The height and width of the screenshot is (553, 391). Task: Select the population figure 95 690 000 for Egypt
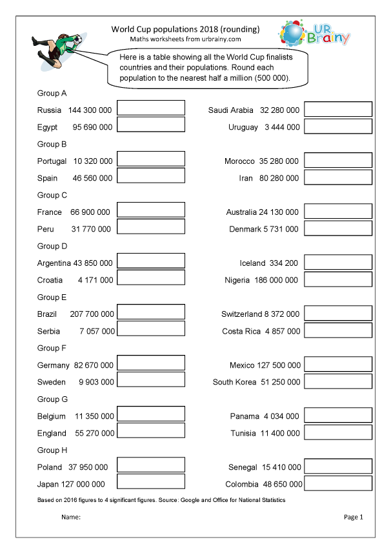(92, 127)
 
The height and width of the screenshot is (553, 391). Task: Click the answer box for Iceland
(338, 262)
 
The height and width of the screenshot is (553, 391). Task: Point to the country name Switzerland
(241, 314)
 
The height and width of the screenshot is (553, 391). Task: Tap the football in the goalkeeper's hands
(77, 40)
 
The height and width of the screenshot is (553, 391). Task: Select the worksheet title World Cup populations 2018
(185, 29)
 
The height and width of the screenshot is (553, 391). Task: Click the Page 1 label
(354, 517)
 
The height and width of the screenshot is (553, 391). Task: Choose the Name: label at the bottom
(70, 517)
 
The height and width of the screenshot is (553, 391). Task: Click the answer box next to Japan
(151, 483)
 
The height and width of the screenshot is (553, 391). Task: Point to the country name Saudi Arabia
(230, 110)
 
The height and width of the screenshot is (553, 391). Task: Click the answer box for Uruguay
(338, 126)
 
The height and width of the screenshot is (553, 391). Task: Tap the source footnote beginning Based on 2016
(161, 500)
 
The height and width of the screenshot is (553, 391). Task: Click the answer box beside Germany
(151, 364)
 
